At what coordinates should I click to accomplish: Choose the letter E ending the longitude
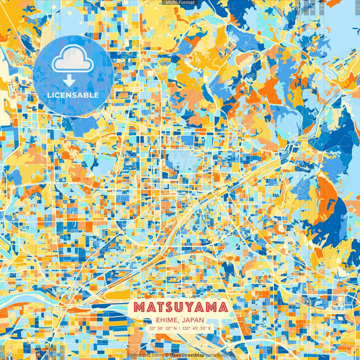click(209, 329)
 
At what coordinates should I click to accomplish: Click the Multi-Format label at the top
click(180, 3)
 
